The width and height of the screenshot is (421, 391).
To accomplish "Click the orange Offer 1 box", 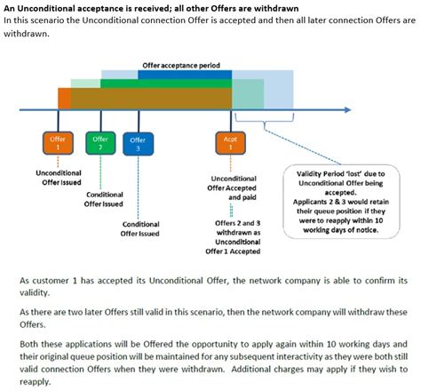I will (58, 142).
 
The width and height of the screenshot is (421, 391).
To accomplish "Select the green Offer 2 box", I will (99, 141).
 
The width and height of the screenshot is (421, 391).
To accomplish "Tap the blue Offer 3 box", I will (139, 143).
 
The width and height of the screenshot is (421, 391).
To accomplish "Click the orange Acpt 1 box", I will (231, 142).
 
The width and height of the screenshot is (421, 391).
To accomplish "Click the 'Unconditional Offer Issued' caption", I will (59, 177).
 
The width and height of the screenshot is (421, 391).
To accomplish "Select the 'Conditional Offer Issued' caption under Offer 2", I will (104, 199).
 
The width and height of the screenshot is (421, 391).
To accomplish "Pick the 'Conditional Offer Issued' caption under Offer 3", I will (141, 228).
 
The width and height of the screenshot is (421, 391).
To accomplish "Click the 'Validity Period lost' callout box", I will (338, 200).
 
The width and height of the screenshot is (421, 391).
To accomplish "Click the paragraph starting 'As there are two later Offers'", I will (213, 318).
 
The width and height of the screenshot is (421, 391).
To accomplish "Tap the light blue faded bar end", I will (280, 89).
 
